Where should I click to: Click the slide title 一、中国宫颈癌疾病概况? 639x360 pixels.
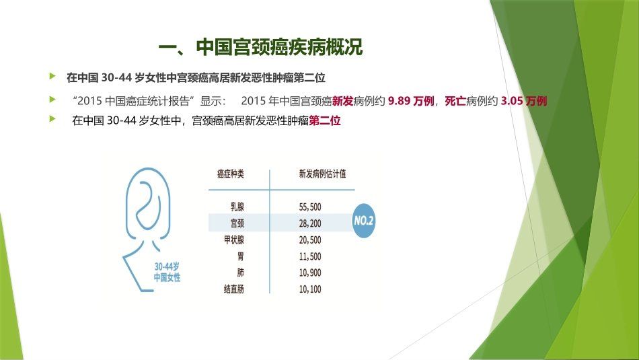pos(260,48)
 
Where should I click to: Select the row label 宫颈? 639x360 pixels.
pos(237,223)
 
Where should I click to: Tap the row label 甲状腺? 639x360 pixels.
pos(234,240)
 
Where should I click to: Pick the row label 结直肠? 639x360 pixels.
pos(234,289)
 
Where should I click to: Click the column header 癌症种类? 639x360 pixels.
pos(230,174)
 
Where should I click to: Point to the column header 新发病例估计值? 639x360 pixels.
pos(322,174)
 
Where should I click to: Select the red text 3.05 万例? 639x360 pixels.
pos(524,101)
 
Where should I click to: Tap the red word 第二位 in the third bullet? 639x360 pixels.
pos(325,122)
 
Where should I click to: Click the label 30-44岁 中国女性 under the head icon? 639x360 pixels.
pos(167,271)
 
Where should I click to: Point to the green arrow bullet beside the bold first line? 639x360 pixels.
pos(52,75)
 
